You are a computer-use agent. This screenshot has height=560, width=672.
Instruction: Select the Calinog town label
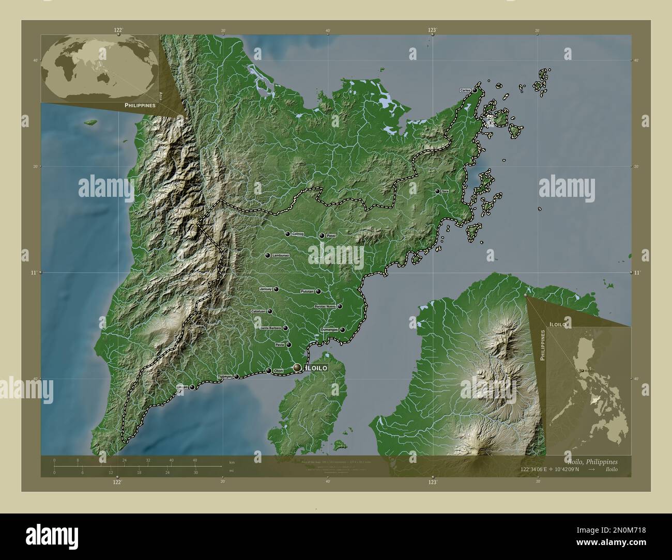(x=298, y=234)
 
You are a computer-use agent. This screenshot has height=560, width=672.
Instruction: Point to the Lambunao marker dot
(x=268, y=256)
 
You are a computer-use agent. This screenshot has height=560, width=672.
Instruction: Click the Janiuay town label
(x=266, y=289)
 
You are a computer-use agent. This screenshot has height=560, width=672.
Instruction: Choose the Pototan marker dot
(x=318, y=291)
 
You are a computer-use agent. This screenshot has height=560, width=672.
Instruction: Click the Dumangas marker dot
(x=342, y=330)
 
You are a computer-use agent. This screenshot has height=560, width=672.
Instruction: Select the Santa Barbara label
(x=271, y=328)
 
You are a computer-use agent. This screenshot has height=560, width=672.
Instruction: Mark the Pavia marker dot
(x=289, y=345)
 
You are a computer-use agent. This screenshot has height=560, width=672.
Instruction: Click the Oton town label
(x=279, y=370)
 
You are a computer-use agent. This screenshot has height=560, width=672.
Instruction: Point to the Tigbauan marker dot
(x=237, y=377)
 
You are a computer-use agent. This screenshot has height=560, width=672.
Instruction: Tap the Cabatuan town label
(x=258, y=312)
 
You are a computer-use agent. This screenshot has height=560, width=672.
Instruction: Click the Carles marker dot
(x=475, y=90)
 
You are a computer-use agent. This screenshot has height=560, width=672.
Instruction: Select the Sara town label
(x=445, y=191)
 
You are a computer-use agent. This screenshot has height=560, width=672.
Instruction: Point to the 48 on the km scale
(x=195, y=460)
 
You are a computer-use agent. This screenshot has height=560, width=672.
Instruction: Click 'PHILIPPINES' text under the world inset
(x=140, y=105)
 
